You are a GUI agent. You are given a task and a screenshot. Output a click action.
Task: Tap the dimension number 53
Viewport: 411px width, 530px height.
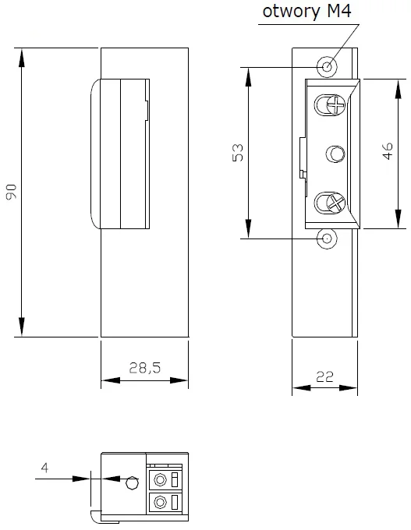239,151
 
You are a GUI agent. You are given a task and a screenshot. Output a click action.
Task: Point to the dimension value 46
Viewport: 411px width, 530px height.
388,151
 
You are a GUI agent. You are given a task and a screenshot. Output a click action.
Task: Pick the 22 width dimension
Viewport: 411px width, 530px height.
324,375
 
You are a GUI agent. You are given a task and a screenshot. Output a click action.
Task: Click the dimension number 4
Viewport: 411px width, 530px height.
44,468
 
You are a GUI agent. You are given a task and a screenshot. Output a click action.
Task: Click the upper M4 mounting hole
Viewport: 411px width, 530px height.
328,67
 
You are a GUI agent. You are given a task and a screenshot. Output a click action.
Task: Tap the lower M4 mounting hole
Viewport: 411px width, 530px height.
328,238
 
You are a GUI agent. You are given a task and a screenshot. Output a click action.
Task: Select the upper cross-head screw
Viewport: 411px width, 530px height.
335,104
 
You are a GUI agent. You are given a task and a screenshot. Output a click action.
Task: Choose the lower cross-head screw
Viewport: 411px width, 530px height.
335,204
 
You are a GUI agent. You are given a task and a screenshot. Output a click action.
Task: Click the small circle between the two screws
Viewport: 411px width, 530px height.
335,154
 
